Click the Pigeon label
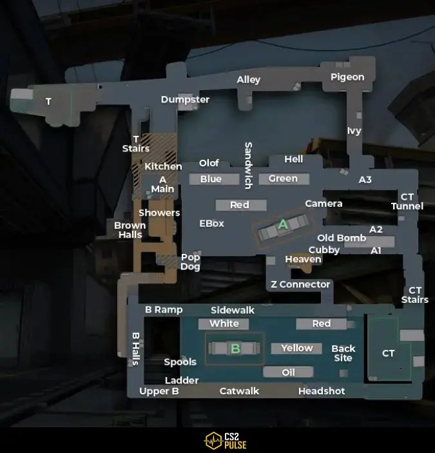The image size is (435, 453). point(347,77)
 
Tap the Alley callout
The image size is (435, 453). point(249,80)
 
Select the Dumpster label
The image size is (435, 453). point(185,99)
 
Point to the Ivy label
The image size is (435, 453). point(354,131)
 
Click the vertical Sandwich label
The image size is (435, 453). point(248,165)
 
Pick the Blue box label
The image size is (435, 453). point(211,179)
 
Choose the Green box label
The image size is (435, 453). point(283,178)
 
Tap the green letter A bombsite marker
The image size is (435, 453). point(282,225)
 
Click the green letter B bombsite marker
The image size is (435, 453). point(235,349)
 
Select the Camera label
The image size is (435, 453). point(324,204)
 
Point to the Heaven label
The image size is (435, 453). point(303,259)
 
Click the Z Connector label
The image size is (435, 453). point(300,284)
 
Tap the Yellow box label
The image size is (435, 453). point(296,348)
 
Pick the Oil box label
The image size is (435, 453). point(288,372)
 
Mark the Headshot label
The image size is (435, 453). point(322,391)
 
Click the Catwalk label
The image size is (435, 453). point(239,391)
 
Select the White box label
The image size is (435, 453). point(224,323)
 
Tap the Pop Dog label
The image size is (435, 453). point(190,262)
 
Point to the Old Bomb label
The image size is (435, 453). point(342,238)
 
